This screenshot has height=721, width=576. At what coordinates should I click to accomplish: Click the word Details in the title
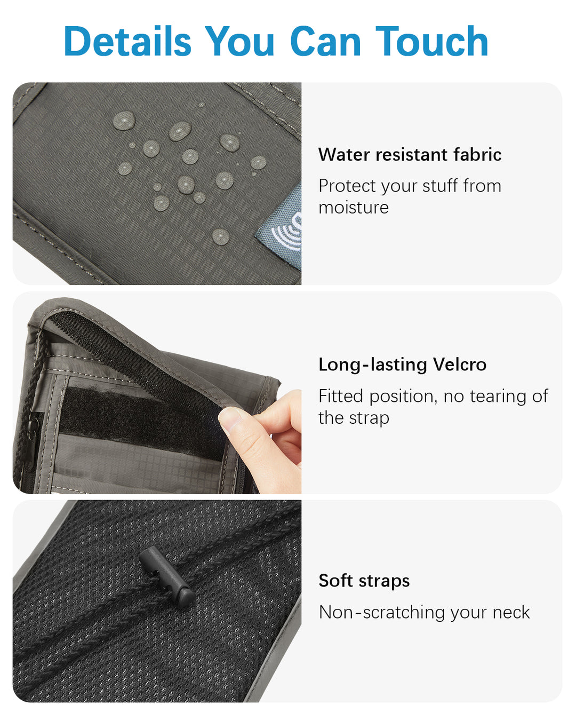point(127,41)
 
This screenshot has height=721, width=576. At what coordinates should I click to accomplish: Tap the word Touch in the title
point(431,41)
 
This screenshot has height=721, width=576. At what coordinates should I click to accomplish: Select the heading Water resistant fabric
point(410,155)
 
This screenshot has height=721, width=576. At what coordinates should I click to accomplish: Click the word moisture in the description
point(353,208)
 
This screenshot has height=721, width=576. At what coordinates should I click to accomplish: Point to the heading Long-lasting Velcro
point(403,365)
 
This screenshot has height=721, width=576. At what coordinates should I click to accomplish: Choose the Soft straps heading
point(364,581)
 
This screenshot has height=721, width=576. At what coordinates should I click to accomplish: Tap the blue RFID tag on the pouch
point(279,228)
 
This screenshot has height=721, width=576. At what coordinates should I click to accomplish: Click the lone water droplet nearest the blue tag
point(221,237)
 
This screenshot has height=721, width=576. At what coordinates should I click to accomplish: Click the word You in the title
point(240,41)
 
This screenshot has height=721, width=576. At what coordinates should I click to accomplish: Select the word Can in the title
point(326,41)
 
